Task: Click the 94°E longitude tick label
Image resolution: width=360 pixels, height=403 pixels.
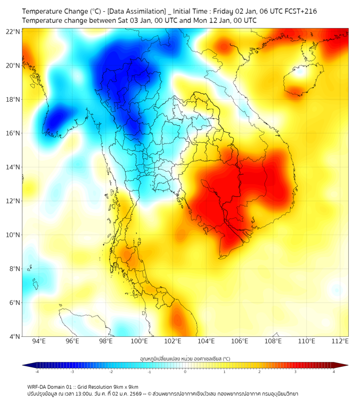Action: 39,341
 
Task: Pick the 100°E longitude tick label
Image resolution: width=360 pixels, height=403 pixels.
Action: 139,341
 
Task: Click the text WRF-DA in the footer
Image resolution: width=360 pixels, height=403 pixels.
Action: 38,387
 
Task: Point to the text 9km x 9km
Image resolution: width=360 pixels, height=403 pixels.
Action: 125,387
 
